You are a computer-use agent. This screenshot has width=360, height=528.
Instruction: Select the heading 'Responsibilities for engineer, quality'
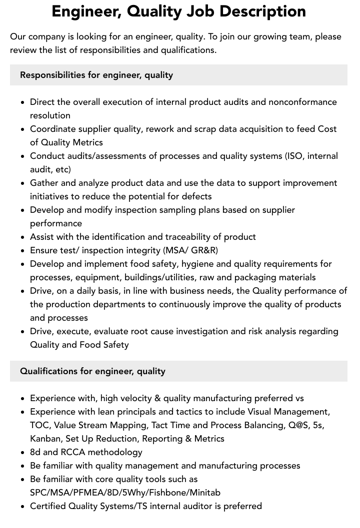point(96,75)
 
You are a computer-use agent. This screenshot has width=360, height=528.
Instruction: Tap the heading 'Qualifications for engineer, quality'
point(92,371)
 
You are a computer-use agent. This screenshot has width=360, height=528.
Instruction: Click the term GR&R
point(204,250)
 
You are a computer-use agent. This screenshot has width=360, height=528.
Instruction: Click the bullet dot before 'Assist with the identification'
point(23,237)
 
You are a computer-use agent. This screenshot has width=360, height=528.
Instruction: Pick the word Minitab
point(203,493)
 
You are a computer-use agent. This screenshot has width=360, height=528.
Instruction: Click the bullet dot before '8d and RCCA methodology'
point(23,453)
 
